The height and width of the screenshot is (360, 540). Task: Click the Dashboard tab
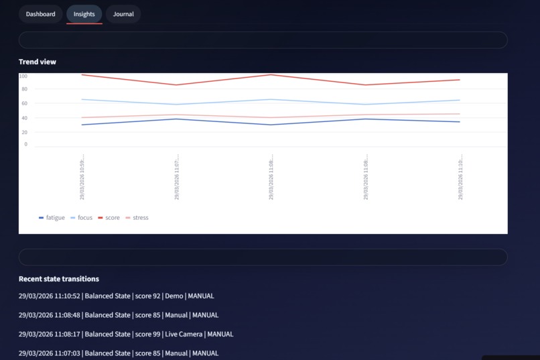tap(40, 14)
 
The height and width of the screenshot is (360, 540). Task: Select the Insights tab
tap(84, 14)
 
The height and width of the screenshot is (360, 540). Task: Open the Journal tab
tap(123, 14)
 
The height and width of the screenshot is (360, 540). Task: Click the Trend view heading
tap(38, 62)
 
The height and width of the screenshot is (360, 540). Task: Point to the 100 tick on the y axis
tap(23, 76)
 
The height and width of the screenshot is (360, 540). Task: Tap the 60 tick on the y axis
tap(24, 103)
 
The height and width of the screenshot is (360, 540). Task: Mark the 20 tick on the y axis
tap(24, 131)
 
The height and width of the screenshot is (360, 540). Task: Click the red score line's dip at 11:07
tap(177, 85)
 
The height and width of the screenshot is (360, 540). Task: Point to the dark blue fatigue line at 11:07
tap(177, 119)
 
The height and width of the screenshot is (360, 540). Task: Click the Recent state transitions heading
tap(59, 279)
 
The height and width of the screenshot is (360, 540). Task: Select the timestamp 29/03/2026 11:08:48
tap(50, 315)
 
